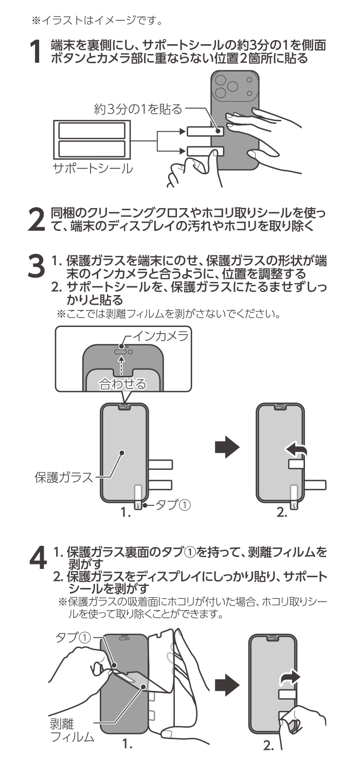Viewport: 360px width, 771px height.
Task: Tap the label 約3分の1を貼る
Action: (x=138, y=108)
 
